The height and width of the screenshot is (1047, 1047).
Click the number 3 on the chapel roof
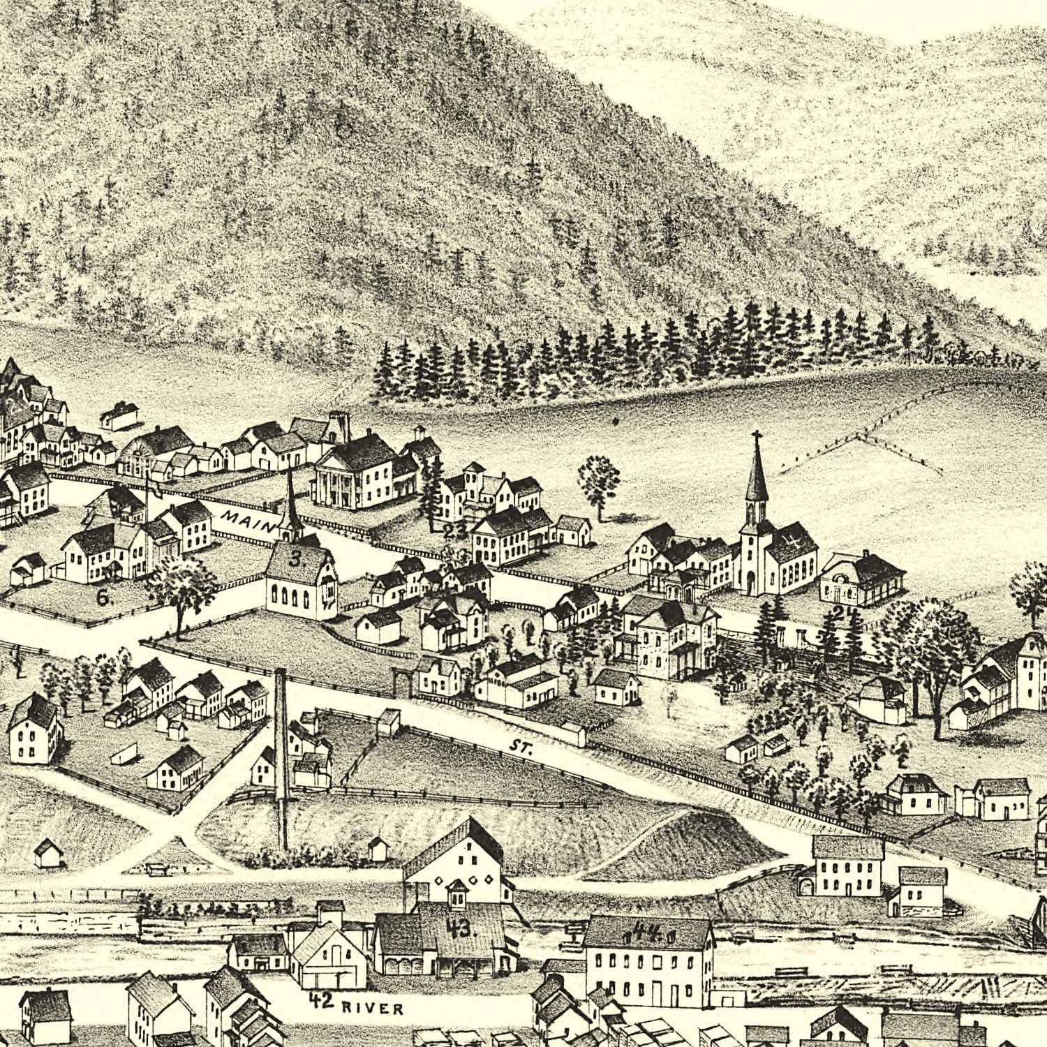click(296, 559)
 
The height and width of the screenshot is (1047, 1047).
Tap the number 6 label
click(103, 597)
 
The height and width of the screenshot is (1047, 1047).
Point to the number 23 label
click(454, 530)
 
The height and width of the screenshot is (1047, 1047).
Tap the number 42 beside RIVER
click(320, 1000)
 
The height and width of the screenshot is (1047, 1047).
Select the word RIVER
click(373, 1008)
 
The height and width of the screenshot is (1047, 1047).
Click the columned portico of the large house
click(333, 483)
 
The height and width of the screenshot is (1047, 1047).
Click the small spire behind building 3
click(290, 503)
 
